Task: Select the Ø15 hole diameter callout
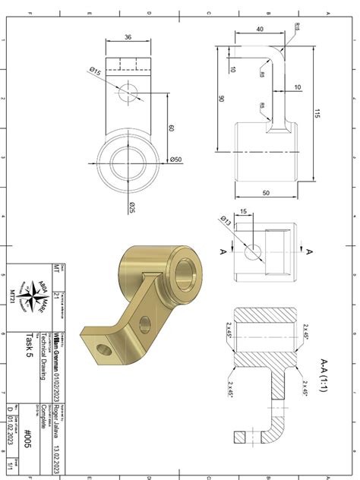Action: coord(96,71)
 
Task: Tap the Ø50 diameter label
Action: coord(175,159)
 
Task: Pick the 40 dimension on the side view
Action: coord(261,28)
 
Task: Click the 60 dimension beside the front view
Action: coord(172,128)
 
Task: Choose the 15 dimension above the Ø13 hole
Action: coord(243,212)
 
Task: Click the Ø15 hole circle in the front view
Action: coord(128,92)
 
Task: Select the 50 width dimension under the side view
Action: coord(267,193)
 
